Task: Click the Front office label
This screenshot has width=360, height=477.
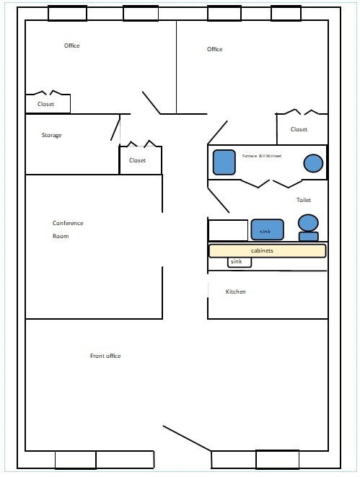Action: click(105, 356)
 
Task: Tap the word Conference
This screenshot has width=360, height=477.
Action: click(68, 222)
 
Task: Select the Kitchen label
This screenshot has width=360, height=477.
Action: click(236, 292)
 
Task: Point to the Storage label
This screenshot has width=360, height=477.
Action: click(51, 136)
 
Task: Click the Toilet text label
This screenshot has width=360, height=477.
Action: click(303, 200)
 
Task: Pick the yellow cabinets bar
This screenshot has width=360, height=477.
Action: click(267, 250)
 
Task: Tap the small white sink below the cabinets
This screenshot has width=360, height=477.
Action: click(240, 262)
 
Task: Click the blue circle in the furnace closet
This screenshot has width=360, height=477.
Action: click(313, 163)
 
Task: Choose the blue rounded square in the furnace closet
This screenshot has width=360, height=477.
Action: click(224, 162)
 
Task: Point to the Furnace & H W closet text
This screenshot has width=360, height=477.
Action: click(262, 155)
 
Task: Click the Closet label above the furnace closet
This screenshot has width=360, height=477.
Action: click(299, 129)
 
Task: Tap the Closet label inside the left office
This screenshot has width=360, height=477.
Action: click(45, 104)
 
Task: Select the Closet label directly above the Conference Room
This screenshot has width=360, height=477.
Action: click(137, 160)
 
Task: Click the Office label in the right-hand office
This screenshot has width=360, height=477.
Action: click(214, 49)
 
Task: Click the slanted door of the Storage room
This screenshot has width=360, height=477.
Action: click(115, 128)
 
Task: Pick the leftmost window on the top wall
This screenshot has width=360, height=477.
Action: click(67, 13)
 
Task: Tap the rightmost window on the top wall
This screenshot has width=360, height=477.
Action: click(286, 13)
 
